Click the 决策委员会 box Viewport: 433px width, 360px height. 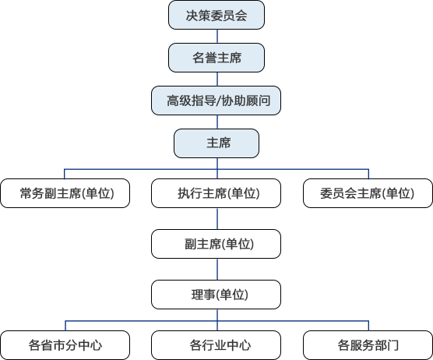[x=216, y=15]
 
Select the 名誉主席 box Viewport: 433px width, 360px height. [x=216, y=58]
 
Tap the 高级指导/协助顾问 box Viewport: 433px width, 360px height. [x=216, y=101]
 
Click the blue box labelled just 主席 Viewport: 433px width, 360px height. [x=216, y=143]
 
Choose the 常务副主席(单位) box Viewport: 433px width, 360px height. [x=65, y=193]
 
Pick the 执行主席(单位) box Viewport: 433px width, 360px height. [x=216, y=193]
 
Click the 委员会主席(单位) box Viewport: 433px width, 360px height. [x=368, y=193]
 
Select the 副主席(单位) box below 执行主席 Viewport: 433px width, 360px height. [x=216, y=244]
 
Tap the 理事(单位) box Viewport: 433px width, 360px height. [x=216, y=295]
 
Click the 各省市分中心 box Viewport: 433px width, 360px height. [x=65, y=345]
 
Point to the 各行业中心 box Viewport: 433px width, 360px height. [x=216, y=345]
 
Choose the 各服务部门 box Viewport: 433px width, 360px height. [x=368, y=345]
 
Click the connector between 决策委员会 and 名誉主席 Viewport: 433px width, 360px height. [x=217, y=36]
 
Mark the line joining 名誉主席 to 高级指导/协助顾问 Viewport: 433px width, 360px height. [x=217, y=79]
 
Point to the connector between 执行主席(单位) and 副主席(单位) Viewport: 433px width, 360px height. [x=217, y=218]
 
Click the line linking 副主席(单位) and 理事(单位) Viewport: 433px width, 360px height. [x=217, y=269]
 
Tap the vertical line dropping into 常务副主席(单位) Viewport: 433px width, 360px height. [x=65, y=174]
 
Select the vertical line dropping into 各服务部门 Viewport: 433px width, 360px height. [x=368, y=326]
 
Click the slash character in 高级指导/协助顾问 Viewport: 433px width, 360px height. [x=219, y=101]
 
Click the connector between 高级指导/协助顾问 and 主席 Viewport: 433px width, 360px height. [x=217, y=122]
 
